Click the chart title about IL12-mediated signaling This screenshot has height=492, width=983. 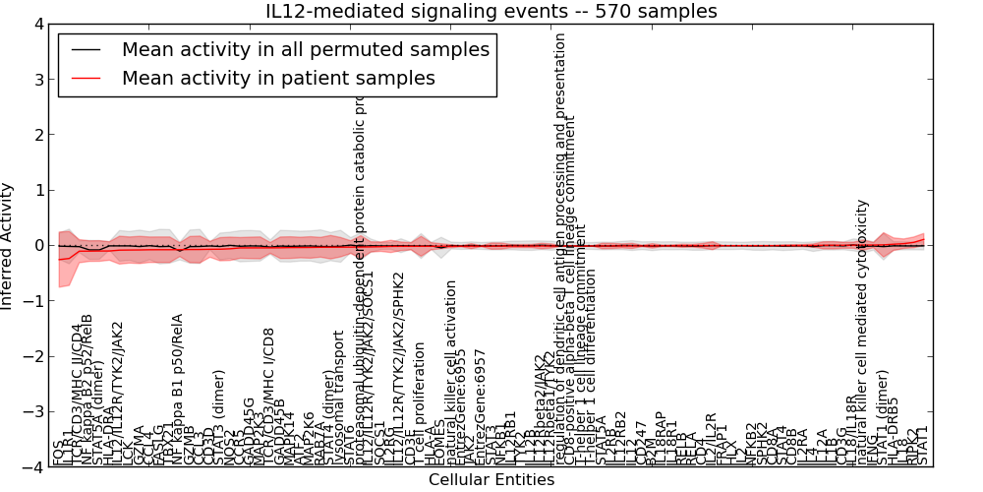coord(491,11)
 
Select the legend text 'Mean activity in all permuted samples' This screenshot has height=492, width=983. coord(305,49)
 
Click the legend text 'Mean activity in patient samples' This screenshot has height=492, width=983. coord(278,77)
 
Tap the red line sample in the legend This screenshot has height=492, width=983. coord(86,78)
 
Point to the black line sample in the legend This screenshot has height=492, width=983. coord(86,50)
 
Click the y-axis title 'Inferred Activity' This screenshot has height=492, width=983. coord(9,245)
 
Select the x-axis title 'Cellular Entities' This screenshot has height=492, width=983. coord(491,480)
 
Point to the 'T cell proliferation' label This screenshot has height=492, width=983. coord(420,403)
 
